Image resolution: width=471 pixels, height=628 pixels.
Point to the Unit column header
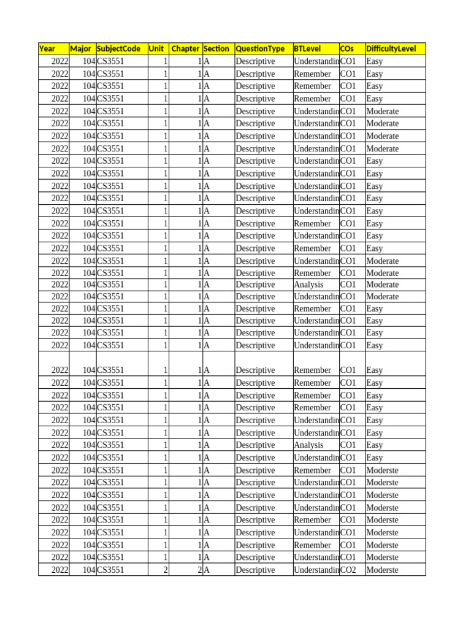pyautogui.click(x=156, y=49)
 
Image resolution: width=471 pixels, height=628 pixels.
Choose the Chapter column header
pyautogui.click(x=185, y=49)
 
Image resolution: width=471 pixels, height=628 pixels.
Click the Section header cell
pyautogui.click(x=216, y=49)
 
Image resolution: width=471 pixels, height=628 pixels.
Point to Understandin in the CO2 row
pyautogui.click(x=316, y=570)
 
